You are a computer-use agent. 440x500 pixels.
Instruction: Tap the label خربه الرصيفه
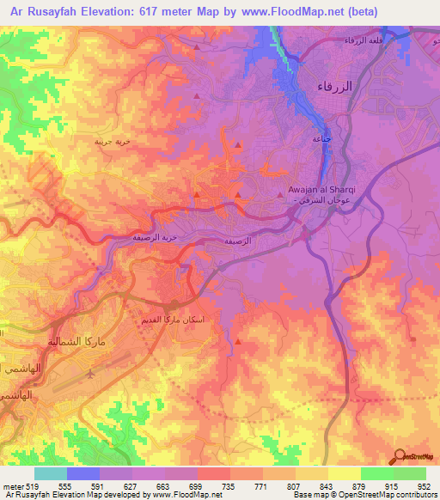point(155,236)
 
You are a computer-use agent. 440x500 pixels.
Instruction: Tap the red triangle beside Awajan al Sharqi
point(283,196)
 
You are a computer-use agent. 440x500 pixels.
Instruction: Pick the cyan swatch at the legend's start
point(51,473)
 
